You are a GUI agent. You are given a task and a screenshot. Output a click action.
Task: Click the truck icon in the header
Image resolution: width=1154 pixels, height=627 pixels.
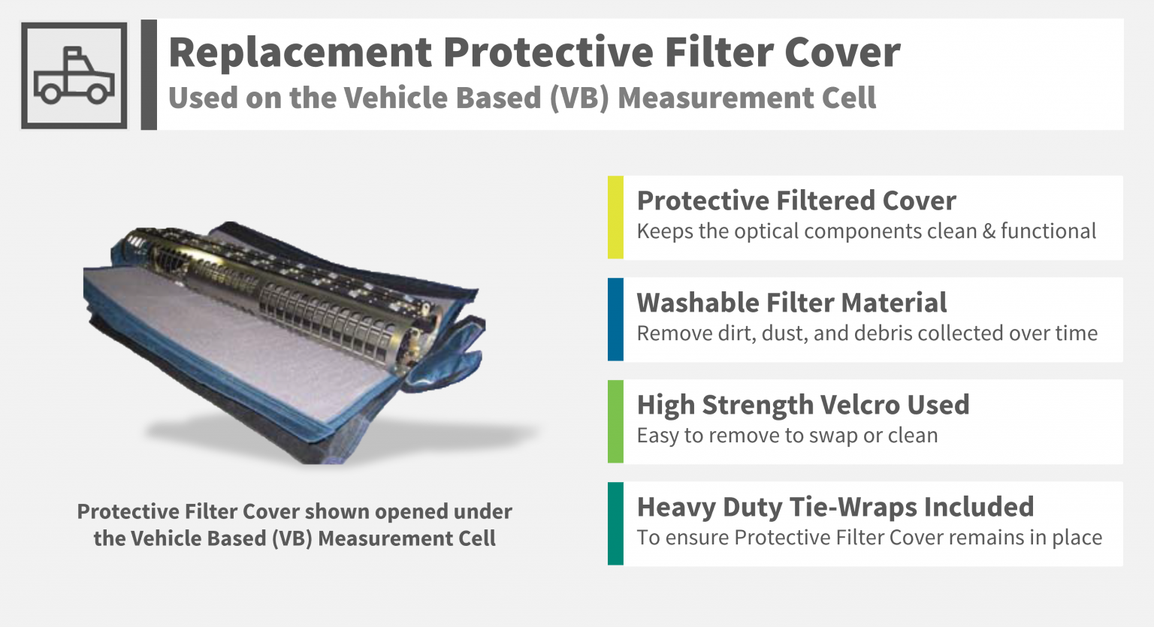[74, 75]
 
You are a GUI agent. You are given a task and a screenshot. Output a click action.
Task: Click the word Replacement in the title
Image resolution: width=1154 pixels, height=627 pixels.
[301, 53]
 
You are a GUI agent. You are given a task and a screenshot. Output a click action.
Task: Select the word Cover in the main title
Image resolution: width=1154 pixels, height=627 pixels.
[841, 53]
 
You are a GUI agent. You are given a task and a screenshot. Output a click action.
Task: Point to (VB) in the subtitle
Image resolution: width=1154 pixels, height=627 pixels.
[579, 98]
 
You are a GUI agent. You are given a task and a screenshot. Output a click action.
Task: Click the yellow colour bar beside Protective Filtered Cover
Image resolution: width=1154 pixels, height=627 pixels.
[615, 217]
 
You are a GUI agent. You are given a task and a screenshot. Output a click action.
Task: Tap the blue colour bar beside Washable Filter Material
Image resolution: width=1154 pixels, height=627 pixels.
[615, 319]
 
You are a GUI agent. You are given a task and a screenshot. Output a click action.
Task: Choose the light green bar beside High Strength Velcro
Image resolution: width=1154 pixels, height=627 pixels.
[615, 421]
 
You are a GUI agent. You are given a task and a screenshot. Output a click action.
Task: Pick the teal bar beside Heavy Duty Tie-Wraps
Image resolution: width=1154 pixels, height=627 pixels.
[615, 523]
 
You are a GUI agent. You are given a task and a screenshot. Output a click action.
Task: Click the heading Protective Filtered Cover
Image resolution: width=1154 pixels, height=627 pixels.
[796, 200]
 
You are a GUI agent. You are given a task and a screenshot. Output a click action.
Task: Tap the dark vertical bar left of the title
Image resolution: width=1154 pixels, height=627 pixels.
[149, 74]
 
